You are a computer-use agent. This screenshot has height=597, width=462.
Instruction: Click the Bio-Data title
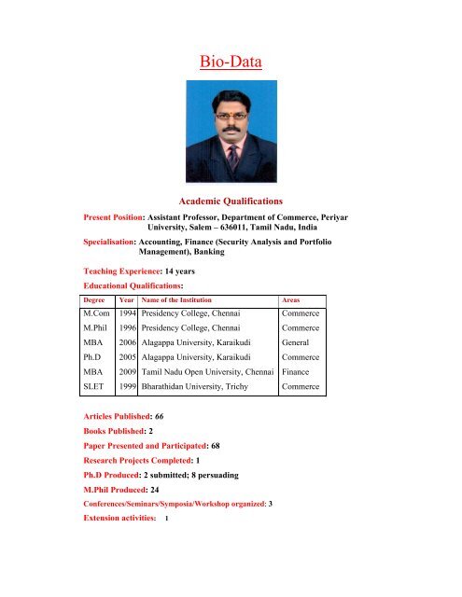(230, 63)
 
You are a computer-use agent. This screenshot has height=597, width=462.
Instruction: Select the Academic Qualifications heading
(230, 199)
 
